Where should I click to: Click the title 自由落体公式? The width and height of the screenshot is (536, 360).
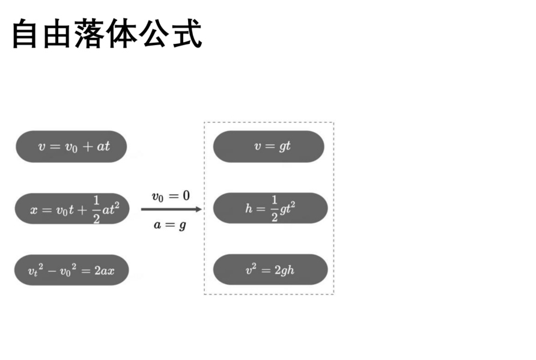tap(107, 34)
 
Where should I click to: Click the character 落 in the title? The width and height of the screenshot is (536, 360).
tap(91, 34)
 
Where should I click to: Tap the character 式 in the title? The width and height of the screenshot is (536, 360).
tap(187, 34)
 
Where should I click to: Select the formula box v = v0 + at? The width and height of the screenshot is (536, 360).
tap(71, 146)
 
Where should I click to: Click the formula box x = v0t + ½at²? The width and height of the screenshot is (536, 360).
tap(72, 209)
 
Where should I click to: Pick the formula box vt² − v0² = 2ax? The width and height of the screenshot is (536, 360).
tap(72, 270)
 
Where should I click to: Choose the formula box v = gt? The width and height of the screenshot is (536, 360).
tap(269, 146)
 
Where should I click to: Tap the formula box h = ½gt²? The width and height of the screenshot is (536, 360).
tap(270, 208)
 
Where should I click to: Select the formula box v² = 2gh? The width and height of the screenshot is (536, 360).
tap(270, 270)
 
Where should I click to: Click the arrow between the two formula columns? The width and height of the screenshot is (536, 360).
tap(171, 209)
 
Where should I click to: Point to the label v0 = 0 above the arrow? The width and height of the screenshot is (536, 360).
tap(171, 197)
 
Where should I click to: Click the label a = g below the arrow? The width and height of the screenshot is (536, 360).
tap(170, 225)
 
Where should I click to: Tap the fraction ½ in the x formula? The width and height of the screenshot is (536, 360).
tap(96, 209)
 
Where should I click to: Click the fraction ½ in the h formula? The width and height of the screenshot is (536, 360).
tap(274, 209)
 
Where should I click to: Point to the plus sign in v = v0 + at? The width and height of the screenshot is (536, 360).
tap(88, 147)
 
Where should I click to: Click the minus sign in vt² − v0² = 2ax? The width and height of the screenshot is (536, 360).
tap(52, 272)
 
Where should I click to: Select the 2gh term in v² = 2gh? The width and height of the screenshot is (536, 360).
tap(284, 270)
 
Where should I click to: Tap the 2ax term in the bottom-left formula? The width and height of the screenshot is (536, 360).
tap(105, 271)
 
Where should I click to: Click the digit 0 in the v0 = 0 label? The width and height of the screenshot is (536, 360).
tap(186, 195)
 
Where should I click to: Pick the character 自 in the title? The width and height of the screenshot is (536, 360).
tap(25, 34)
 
